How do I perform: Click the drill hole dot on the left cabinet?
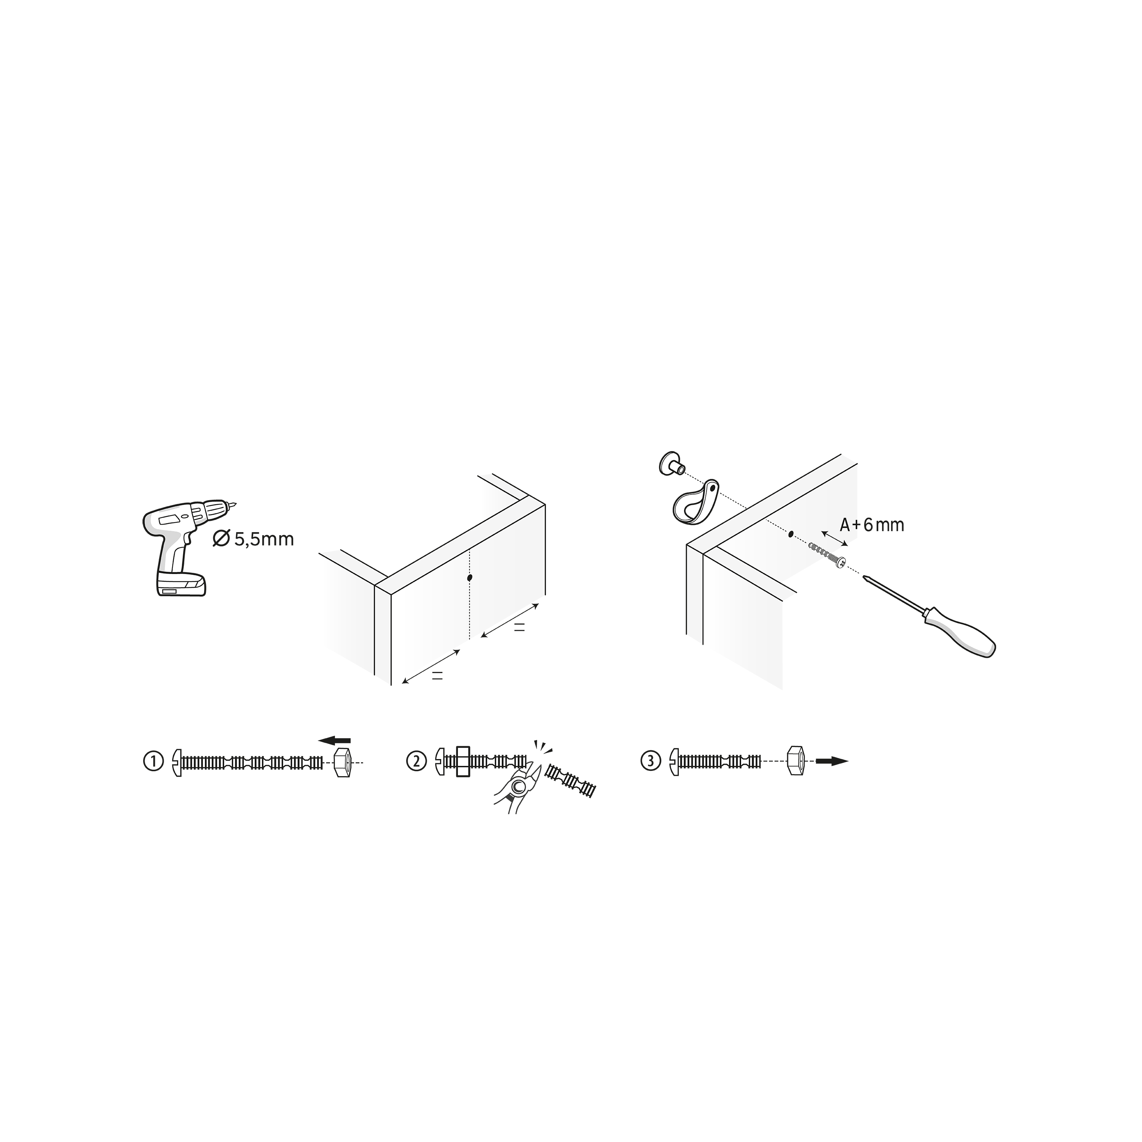(469, 577)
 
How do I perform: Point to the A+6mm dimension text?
(872, 525)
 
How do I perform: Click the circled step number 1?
(153, 761)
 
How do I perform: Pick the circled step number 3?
(651, 761)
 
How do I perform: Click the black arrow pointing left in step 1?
(335, 740)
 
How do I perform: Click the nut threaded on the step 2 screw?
(463, 762)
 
